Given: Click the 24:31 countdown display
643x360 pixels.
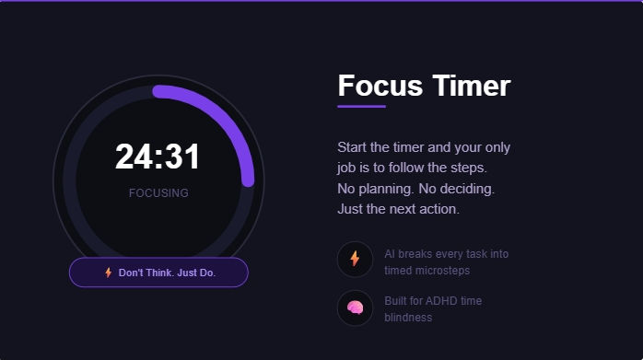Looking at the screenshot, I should (x=158, y=157).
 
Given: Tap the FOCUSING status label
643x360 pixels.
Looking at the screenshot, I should (x=158, y=193).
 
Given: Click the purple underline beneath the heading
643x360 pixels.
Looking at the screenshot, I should (x=361, y=107).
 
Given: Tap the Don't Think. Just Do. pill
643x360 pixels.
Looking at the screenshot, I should (x=158, y=273).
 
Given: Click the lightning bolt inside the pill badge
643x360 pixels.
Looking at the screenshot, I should (x=109, y=273).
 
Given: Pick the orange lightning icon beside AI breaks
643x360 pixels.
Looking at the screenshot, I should (x=355, y=259).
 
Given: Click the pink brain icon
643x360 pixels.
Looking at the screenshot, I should (x=355, y=308).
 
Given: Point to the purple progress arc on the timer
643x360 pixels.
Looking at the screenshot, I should (x=221, y=114).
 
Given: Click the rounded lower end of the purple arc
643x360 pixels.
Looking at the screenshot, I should (x=248, y=181).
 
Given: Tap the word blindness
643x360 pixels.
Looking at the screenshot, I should (x=408, y=318).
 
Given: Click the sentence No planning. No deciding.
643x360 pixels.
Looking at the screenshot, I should (x=416, y=189).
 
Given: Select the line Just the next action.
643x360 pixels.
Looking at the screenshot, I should (x=398, y=209).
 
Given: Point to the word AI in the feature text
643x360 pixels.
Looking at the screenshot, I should (x=390, y=254).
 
